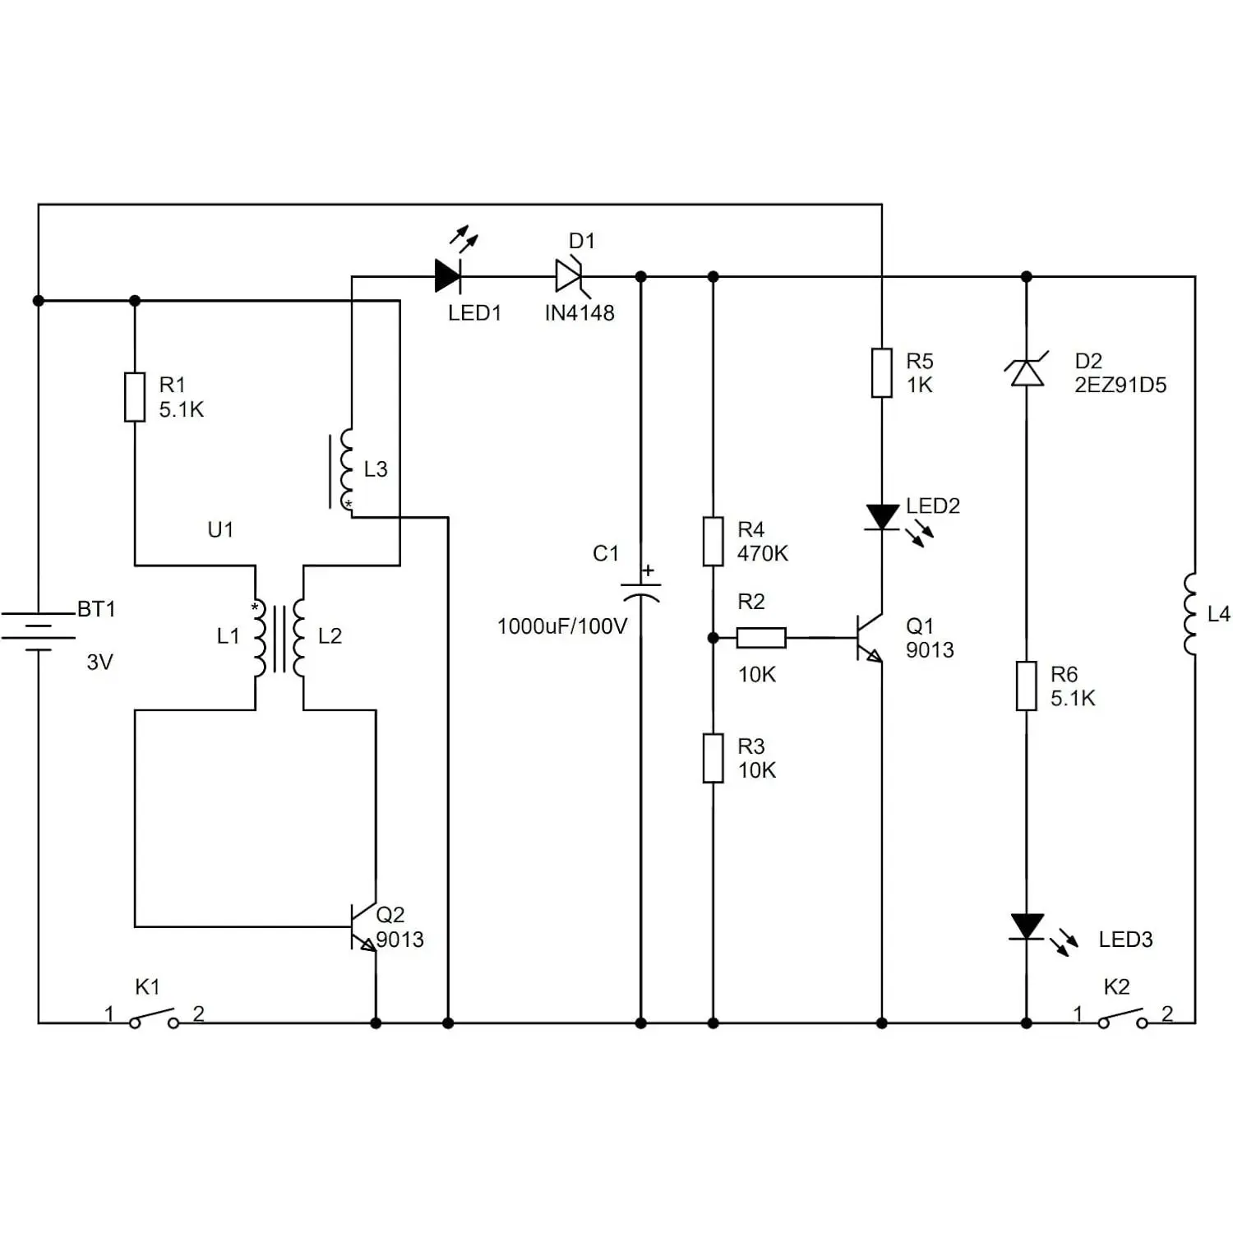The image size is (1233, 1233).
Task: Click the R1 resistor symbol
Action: pyautogui.click(x=135, y=397)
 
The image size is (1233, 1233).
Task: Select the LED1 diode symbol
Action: pyautogui.click(x=449, y=275)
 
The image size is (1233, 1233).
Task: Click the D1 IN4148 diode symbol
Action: pyautogui.click(x=570, y=276)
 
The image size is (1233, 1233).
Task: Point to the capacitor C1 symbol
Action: pyautogui.click(x=641, y=593)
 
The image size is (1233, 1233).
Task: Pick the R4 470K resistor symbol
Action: pyautogui.click(x=713, y=542)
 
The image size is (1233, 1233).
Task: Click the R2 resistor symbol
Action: pyautogui.click(x=761, y=638)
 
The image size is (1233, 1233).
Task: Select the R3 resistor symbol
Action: pyautogui.click(x=713, y=758)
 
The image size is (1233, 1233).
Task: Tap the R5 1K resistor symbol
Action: pyautogui.click(x=882, y=373)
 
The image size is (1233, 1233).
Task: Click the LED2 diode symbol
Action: pyautogui.click(x=883, y=518)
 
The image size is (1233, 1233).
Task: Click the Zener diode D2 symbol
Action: pyautogui.click(x=1027, y=372)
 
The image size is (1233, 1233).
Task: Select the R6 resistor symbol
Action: pyautogui.click(x=1027, y=686)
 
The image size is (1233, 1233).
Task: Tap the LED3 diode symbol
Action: pyautogui.click(x=1027, y=927)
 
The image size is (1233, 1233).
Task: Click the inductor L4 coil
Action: pyautogui.click(x=1190, y=614)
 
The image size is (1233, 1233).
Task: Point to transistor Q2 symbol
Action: pyautogui.click(x=363, y=927)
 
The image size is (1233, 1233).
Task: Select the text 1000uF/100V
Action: pyautogui.click(x=562, y=626)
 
